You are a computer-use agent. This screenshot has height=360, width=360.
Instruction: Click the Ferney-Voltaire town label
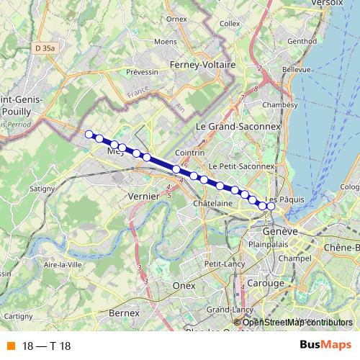coord(203,65)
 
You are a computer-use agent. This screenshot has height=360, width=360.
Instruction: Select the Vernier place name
coord(142,196)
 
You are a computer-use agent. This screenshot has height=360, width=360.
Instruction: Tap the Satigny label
coord(42,189)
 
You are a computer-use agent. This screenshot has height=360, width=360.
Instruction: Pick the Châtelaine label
coord(212,203)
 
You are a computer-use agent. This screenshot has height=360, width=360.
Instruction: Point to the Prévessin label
coord(142,73)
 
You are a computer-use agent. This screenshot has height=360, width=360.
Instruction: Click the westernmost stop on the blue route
coord(89,134)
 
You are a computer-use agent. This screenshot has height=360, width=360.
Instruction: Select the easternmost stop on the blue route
coord(271,207)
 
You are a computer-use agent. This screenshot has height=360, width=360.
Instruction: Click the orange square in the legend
coord(9,345)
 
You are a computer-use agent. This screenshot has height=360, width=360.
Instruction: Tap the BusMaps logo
coord(326,345)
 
